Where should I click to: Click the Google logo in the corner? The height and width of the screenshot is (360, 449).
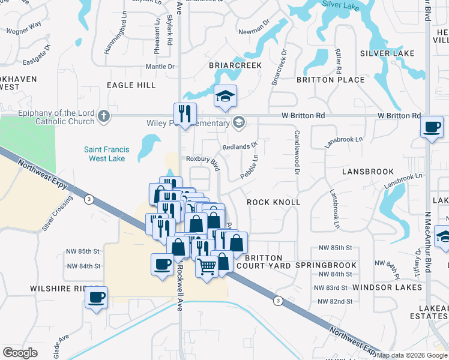pyautogui.click(x=20, y=353)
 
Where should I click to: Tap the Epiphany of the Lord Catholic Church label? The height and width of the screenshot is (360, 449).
pyautogui.click(x=48, y=117)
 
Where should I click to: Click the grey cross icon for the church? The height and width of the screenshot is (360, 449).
pyautogui.click(x=104, y=116)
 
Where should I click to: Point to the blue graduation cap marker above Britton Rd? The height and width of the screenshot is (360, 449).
pyautogui.click(x=225, y=96)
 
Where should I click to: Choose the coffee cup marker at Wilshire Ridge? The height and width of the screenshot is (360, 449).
pyautogui.click(x=96, y=297)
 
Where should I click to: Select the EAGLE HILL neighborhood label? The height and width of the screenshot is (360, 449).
pyautogui.click(x=131, y=85)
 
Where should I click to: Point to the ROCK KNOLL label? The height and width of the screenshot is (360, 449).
pyautogui.click(x=274, y=202)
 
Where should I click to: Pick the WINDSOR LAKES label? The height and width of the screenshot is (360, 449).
pyautogui.click(x=388, y=287)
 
